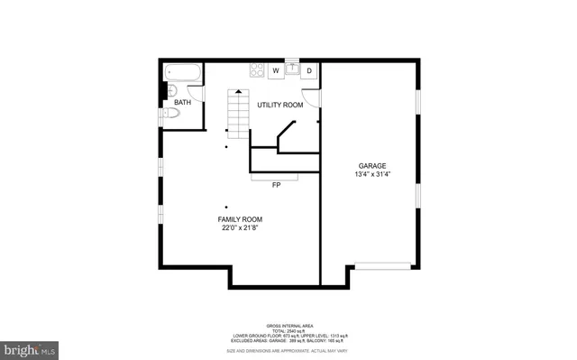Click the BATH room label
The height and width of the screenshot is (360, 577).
pyautogui.click(x=182, y=103)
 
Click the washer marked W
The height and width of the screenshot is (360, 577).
pyautogui.click(x=276, y=70)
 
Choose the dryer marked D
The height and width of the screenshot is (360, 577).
pyautogui.click(x=308, y=70)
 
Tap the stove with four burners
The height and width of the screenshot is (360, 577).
pyautogui.click(x=256, y=69)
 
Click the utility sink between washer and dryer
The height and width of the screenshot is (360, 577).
pyautogui.click(x=291, y=69)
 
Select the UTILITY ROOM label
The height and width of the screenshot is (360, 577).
pyautogui.click(x=279, y=106)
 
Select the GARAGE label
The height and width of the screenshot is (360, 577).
pyautogui.click(x=372, y=165)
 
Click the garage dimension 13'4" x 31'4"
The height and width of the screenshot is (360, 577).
pyautogui.click(x=372, y=175)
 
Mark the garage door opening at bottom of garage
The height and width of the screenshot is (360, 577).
pyautogui.click(x=384, y=265)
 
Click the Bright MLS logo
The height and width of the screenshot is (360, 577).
pyautogui.click(x=29, y=347)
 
